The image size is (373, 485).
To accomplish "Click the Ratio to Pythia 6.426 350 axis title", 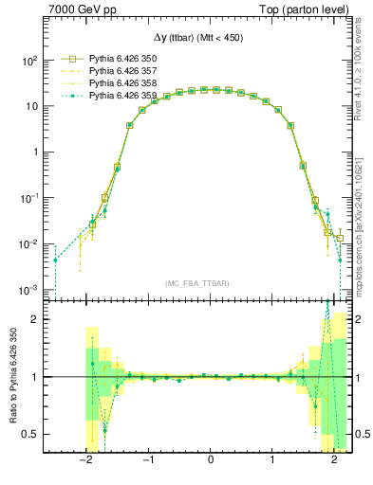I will tap(11, 377).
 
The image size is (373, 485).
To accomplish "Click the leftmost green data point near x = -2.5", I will tap(55, 260).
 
